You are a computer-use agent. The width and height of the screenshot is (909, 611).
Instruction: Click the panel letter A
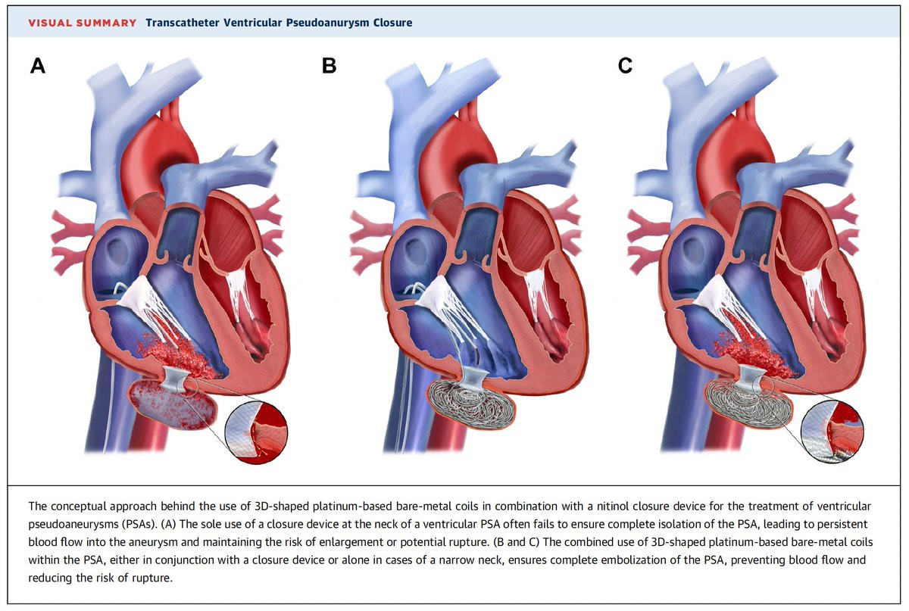pyautogui.click(x=38, y=66)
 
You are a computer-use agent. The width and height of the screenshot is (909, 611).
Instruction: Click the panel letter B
pyautogui.click(x=329, y=66)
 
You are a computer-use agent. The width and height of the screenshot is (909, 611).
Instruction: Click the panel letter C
pyautogui.click(x=625, y=66)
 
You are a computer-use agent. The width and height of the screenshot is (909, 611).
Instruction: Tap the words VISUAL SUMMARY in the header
pyautogui.click(x=83, y=23)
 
